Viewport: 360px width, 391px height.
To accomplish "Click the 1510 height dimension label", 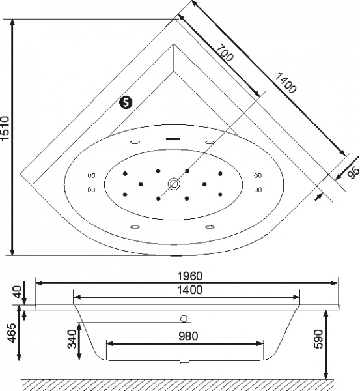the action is coord(5,128).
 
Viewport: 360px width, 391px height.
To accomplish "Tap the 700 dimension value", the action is coord(225,53).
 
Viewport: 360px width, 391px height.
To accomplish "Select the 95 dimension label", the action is coord(354,173).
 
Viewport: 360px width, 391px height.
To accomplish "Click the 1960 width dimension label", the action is coord(190,276).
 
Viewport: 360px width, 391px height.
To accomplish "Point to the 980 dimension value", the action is coord(188,336).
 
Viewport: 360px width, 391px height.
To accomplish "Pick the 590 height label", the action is coord(318,339).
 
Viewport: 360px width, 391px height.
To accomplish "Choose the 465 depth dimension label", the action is coord(11,333).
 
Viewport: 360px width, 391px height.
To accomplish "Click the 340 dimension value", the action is coord(72,339).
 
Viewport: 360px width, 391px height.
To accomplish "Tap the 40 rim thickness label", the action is coord(17,292).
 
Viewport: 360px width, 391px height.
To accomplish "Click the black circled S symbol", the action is coord(126,102).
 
